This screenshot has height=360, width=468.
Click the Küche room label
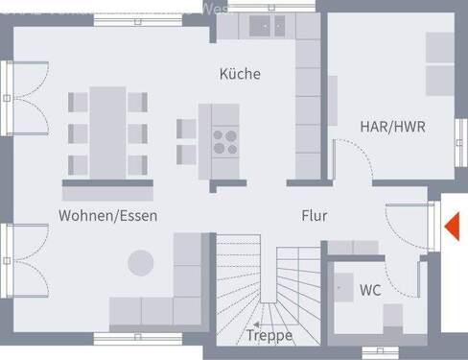[240, 74]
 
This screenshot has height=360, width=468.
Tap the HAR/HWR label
[392, 126]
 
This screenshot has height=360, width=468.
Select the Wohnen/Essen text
[107, 215]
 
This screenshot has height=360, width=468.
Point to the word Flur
[314, 216]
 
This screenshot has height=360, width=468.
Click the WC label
[370, 289]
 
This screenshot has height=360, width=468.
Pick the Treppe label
[269, 335]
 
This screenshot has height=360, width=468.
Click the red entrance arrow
[454, 228]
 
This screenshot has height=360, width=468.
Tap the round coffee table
[141, 262]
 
